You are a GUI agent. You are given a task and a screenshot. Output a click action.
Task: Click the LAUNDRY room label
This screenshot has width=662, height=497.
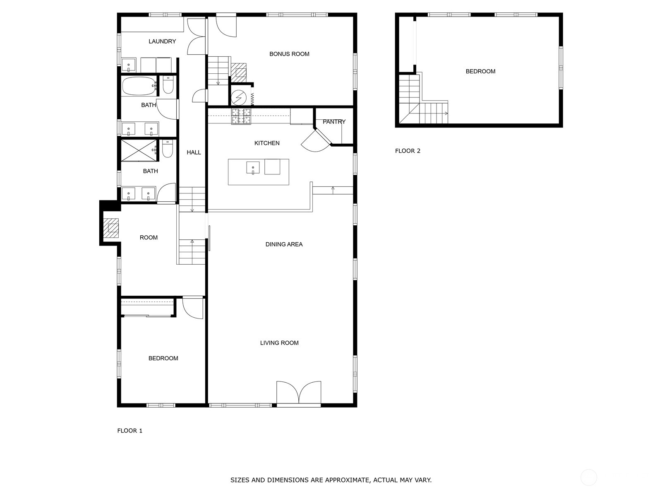click(x=162, y=41)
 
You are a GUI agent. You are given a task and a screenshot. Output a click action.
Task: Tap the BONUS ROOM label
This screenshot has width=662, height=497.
click(x=289, y=54)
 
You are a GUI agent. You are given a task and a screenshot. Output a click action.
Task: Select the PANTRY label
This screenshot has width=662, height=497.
click(x=334, y=122)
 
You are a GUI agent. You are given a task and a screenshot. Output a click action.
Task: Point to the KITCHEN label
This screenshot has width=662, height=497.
click(x=267, y=143)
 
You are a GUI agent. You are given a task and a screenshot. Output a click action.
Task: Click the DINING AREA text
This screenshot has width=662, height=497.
click(x=284, y=244)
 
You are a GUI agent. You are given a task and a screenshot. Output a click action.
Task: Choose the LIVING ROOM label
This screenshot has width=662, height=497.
click(x=279, y=343)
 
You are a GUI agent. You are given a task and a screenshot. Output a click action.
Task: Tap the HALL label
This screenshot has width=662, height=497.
click(x=194, y=152)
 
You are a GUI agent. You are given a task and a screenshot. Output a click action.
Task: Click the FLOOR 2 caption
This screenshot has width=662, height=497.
click(x=408, y=151)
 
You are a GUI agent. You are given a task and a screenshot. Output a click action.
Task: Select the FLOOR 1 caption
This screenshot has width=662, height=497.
click(x=130, y=431)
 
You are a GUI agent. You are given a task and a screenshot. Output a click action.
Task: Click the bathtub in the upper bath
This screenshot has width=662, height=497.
click(x=139, y=86)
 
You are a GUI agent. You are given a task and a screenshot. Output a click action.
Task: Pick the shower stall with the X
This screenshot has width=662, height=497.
click(x=139, y=150)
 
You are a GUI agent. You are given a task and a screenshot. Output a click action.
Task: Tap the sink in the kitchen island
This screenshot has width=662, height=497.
click(x=253, y=167)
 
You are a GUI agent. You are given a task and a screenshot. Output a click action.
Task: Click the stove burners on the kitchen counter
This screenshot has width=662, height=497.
click(x=241, y=116)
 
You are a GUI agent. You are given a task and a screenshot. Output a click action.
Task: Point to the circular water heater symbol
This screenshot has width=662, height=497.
click(x=239, y=97)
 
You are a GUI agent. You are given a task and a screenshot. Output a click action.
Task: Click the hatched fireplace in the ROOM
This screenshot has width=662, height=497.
click(x=111, y=228)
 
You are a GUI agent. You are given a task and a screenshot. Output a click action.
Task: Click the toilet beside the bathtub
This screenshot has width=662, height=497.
click(x=168, y=85)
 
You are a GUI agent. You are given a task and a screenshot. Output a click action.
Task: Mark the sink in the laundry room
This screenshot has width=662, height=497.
click(x=129, y=65)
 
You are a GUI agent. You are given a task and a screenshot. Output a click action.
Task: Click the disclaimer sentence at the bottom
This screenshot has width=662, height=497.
click(x=331, y=480)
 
